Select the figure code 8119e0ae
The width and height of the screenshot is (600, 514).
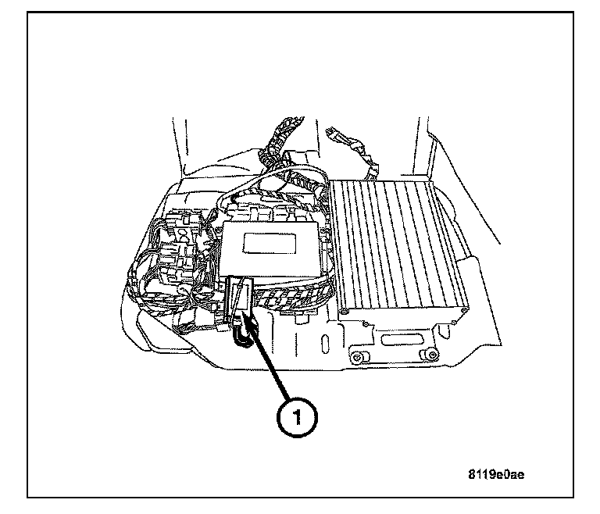point(501,473)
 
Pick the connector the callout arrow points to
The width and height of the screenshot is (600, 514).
point(242,301)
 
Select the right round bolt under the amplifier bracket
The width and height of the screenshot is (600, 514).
point(426,356)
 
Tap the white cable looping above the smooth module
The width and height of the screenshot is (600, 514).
point(258,198)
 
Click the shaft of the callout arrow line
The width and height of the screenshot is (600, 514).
point(273,359)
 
